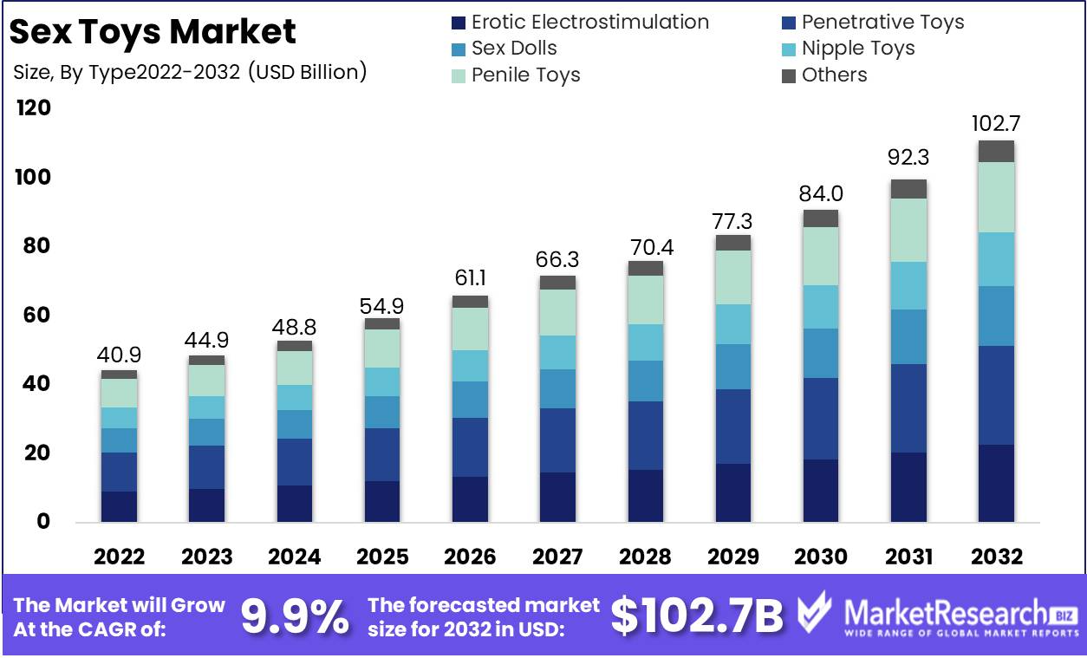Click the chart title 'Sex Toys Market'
point(153,32)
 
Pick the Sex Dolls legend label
point(514,49)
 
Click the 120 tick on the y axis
point(34,108)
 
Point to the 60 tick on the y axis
point(34,316)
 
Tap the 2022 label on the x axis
point(119,557)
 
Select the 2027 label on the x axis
point(557,557)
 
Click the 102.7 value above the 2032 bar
point(996,123)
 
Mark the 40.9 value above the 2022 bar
point(119,355)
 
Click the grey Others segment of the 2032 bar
point(996,152)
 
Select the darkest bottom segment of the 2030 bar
point(820,491)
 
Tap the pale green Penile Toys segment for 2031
point(908,231)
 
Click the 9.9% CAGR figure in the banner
point(295,616)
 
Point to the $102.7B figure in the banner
point(696,616)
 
